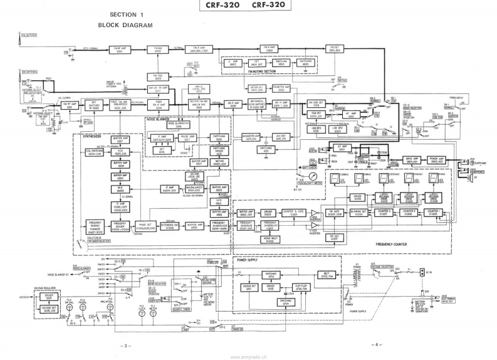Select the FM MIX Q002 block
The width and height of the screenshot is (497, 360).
coord(158,49)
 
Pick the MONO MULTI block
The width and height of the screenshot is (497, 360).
coord(271,240)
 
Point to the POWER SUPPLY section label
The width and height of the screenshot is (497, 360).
coord(249,258)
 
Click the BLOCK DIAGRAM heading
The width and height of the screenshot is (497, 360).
coord(125,25)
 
